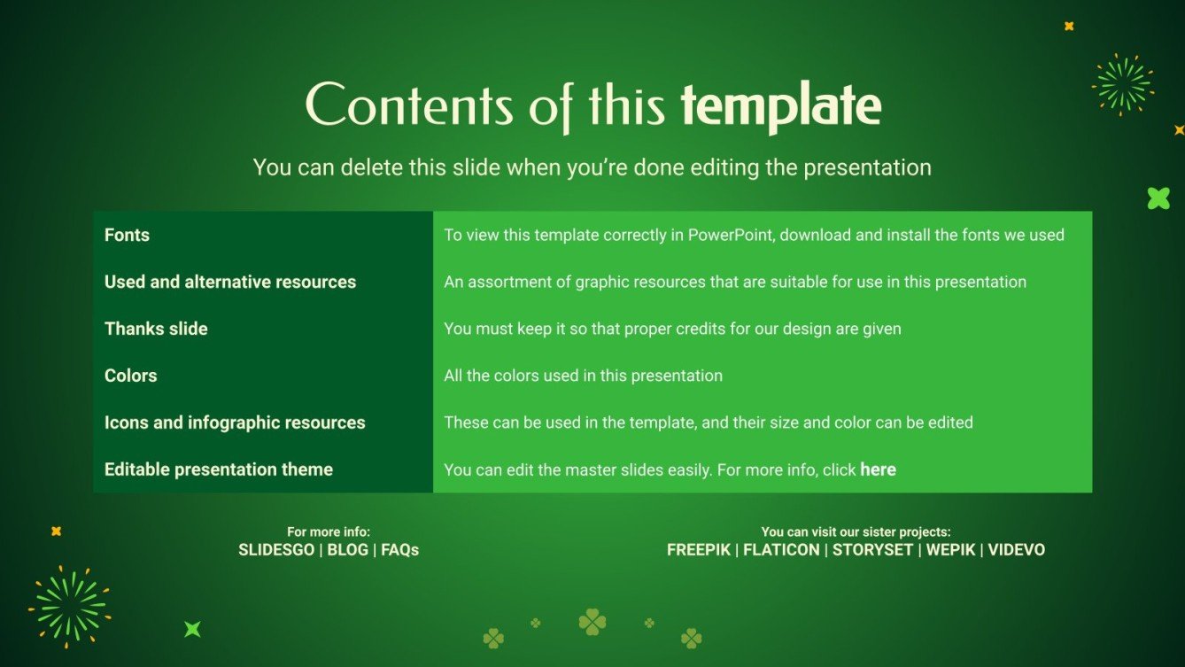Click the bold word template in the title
780,105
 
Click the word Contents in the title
409,105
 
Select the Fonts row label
127,235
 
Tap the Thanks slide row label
156,329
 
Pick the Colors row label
130,376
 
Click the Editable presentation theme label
219,469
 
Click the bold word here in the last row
878,469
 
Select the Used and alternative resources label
230,282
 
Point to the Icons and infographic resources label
235,423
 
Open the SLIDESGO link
276,550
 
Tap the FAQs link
399,550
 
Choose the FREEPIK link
699,550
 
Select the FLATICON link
781,550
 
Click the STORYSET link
872,550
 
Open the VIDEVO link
1017,550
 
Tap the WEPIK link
950,550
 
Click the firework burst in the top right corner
1122,84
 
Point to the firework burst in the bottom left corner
69,607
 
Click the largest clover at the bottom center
592,622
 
